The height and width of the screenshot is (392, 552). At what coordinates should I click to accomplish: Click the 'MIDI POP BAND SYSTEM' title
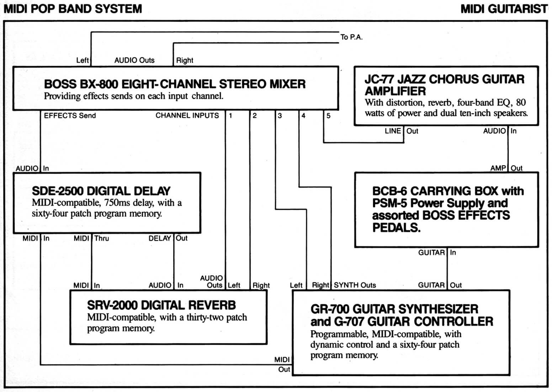[73, 9]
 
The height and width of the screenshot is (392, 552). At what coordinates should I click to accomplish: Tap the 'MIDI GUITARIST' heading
[504, 9]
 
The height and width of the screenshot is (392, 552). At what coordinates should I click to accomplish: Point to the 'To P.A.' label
[351, 37]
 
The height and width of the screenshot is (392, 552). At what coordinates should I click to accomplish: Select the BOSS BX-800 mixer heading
[175, 84]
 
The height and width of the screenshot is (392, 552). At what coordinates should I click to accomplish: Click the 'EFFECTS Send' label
[70, 116]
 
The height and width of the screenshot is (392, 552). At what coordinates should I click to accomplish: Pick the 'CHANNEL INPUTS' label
[187, 116]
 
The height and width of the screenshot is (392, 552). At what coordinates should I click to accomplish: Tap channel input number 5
[328, 116]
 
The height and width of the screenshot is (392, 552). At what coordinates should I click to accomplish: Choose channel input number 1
[230, 116]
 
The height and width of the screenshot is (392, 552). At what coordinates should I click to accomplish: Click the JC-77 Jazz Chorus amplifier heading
[444, 85]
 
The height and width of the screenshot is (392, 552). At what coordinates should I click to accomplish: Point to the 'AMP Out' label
[506, 168]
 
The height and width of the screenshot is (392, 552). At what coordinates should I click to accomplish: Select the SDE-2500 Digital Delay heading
[101, 191]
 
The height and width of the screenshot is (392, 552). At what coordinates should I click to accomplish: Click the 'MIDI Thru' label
[91, 238]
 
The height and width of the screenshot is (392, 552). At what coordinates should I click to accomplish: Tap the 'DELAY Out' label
[168, 238]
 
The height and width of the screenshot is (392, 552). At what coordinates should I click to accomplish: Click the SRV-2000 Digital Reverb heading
[161, 305]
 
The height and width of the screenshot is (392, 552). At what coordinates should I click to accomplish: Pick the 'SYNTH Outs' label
[355, 285]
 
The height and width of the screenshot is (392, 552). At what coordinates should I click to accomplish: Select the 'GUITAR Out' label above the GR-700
[440, 285]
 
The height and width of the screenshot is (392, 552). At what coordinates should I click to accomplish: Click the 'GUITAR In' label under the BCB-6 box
[437, 252]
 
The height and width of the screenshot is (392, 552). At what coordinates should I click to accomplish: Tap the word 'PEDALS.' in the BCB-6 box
[396, 227]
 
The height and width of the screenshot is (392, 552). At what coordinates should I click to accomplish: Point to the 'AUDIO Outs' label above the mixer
[134, 60]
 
